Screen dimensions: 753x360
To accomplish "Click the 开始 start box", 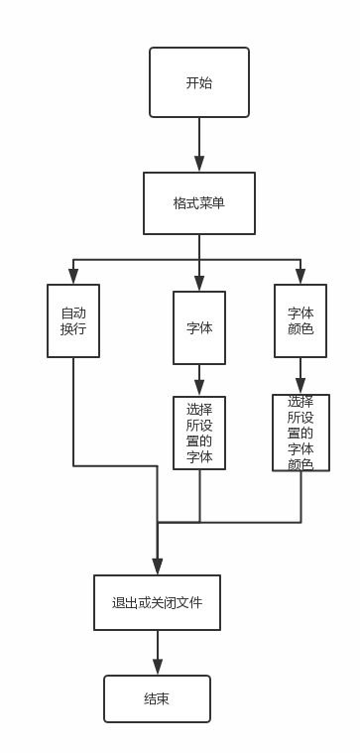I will click(198, 82).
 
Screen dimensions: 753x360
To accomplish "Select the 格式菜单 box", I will click(198, 203).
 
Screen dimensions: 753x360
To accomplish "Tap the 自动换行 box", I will click(73, 320).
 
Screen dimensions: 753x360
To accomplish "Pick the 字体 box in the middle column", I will click(198, 326).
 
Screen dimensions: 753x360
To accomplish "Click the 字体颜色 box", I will click(300, 320).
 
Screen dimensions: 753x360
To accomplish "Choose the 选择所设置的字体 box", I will click(198, 433).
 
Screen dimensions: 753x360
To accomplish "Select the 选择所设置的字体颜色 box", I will click(300, 433).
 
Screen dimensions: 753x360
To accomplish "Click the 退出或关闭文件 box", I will click(157, 602).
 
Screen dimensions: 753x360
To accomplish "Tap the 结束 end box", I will click(157, 698).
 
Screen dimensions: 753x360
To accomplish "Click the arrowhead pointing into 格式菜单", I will click(198, 165).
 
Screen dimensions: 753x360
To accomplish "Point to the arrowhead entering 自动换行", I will click(73, 277).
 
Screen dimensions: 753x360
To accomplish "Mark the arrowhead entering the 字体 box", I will click(198, 283).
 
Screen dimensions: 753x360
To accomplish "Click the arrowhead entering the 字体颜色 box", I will click(300, 277).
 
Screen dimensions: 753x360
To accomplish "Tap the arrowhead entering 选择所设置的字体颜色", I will click(300, 386).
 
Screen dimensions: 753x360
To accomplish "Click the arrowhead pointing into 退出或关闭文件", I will click(157, 566).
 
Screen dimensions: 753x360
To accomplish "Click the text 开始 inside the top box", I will click(198, 83).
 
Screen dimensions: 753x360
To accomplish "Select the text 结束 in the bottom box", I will click(157, 699).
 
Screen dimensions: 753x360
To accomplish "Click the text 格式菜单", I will click(198, 203).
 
